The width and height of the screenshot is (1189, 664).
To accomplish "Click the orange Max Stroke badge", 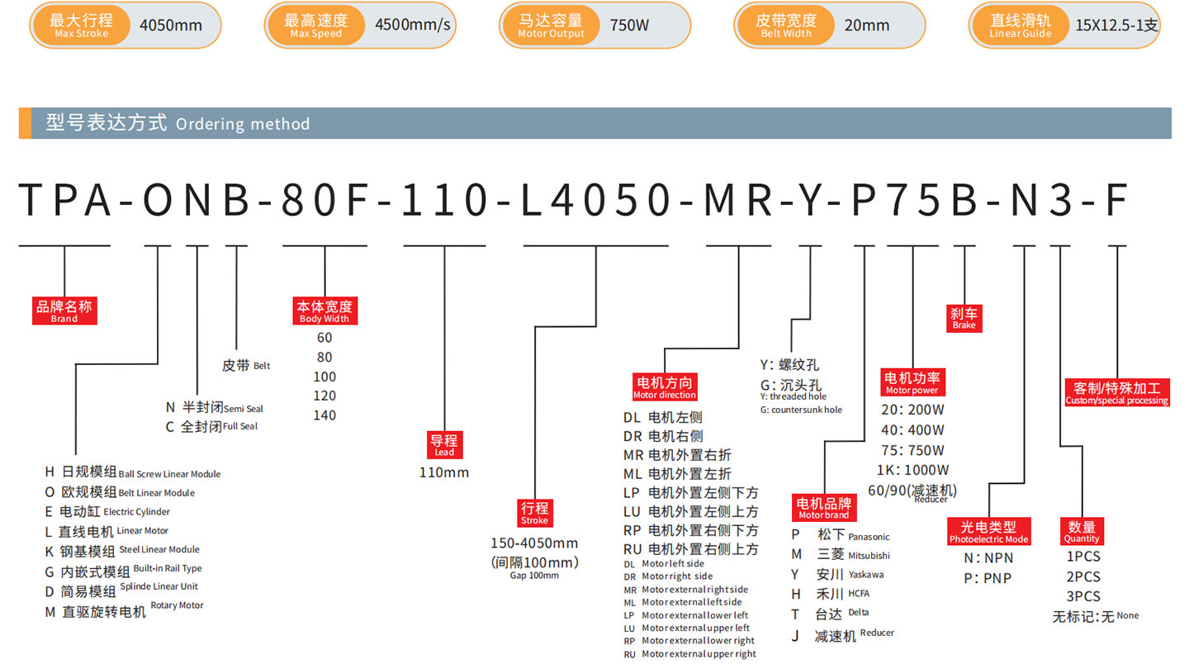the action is [81, 25].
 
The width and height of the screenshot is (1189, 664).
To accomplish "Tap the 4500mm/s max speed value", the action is [413, 25].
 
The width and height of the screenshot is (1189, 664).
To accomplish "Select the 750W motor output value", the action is [629, 25].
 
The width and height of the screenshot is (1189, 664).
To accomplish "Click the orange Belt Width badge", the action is [785, 25].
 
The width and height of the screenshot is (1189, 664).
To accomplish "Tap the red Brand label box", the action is [64, 311].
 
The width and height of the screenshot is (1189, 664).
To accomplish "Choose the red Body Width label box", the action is [324, 311].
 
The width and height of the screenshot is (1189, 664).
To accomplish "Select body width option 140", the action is [324, 415].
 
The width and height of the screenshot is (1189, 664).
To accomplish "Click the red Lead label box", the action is [445, 445].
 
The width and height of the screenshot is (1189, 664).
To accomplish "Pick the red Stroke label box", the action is [534, 513].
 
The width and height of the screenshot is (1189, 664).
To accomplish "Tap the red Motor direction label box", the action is [665, 387].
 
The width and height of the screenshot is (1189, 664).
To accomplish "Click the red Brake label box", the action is [964, 319].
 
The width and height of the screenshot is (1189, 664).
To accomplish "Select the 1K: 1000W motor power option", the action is [912, 470].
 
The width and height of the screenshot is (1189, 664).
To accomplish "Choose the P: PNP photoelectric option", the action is [988, 578].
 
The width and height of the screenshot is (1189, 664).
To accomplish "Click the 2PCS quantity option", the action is [1083, 576].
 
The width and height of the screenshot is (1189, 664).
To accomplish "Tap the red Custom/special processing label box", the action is [1117, 393].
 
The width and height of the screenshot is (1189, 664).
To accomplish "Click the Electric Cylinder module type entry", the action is [107, 512].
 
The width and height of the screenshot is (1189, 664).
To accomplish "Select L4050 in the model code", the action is [596, 200].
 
